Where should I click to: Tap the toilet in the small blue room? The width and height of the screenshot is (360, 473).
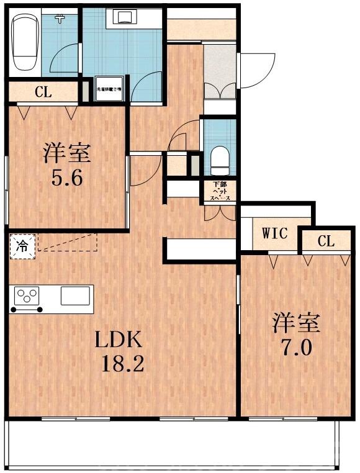tap(220, 160)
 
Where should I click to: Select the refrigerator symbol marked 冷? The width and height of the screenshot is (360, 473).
tap(22, 244)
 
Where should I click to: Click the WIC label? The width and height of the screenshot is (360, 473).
tap(274, 234)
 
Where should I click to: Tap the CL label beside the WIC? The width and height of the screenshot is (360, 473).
tap(326, 241)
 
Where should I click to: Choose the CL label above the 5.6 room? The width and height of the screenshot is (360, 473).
tap(43, 93)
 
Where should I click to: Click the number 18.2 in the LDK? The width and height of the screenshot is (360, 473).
tap(124, 363)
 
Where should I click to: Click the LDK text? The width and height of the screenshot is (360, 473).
tap(119, 340)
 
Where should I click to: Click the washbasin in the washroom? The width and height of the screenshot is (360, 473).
tap(122, 17)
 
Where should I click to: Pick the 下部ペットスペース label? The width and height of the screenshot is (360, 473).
tap(220, 191)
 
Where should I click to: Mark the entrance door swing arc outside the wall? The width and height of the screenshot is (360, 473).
tap(256, 71)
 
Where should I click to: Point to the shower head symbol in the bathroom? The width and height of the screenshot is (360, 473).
tap(60, 19)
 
